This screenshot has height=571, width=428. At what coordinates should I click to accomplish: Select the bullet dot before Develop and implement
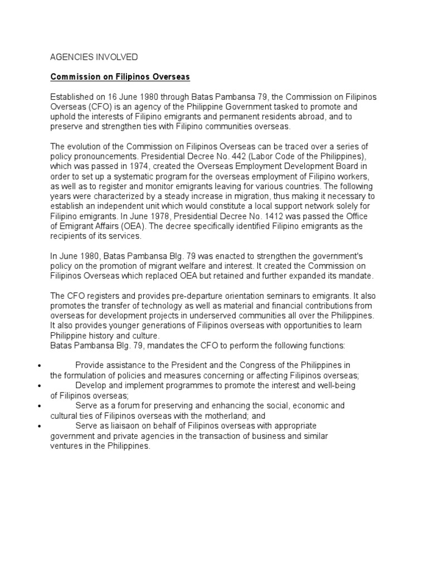click(x=36, y=385)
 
